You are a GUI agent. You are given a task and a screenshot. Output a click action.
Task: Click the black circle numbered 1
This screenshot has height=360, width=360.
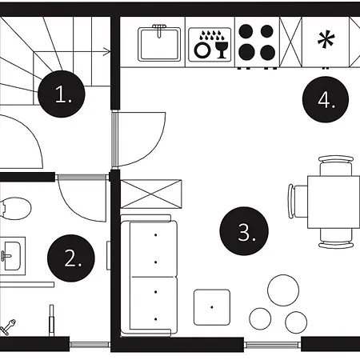62,94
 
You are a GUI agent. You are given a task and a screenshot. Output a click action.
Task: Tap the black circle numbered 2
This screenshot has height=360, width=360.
71,258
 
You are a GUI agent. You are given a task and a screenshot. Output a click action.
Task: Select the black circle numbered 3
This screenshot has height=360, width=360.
244,231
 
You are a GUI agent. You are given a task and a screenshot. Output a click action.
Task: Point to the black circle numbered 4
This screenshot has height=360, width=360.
326,99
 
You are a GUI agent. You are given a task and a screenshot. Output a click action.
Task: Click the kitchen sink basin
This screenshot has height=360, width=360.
159,45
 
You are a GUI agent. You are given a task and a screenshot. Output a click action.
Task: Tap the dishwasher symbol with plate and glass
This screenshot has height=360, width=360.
210,45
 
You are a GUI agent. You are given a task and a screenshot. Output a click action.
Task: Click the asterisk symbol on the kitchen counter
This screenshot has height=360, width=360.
326,39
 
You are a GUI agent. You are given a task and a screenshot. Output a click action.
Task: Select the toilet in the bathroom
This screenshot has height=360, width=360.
15,208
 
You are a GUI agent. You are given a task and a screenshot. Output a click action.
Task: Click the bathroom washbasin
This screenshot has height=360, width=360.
13,256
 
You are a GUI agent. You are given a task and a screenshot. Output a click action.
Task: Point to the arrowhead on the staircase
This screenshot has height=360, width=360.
107,51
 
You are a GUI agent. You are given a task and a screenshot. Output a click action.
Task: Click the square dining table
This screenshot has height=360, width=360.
334,202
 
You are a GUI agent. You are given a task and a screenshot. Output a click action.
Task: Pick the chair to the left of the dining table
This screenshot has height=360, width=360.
298,202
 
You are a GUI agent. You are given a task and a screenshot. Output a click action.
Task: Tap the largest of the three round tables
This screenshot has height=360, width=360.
283,290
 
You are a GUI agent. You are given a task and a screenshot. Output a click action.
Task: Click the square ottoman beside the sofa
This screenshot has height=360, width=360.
212,307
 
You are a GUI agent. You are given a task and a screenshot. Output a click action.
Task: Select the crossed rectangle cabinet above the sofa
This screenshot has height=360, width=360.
151,194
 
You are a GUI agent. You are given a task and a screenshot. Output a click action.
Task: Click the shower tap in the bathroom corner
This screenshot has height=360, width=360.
8,326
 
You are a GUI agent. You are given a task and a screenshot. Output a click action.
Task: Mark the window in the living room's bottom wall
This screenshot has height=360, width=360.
272,345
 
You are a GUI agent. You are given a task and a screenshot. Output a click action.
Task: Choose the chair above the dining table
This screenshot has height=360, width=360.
336,166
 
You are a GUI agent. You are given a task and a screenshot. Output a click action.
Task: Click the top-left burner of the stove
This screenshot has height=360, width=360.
246,31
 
